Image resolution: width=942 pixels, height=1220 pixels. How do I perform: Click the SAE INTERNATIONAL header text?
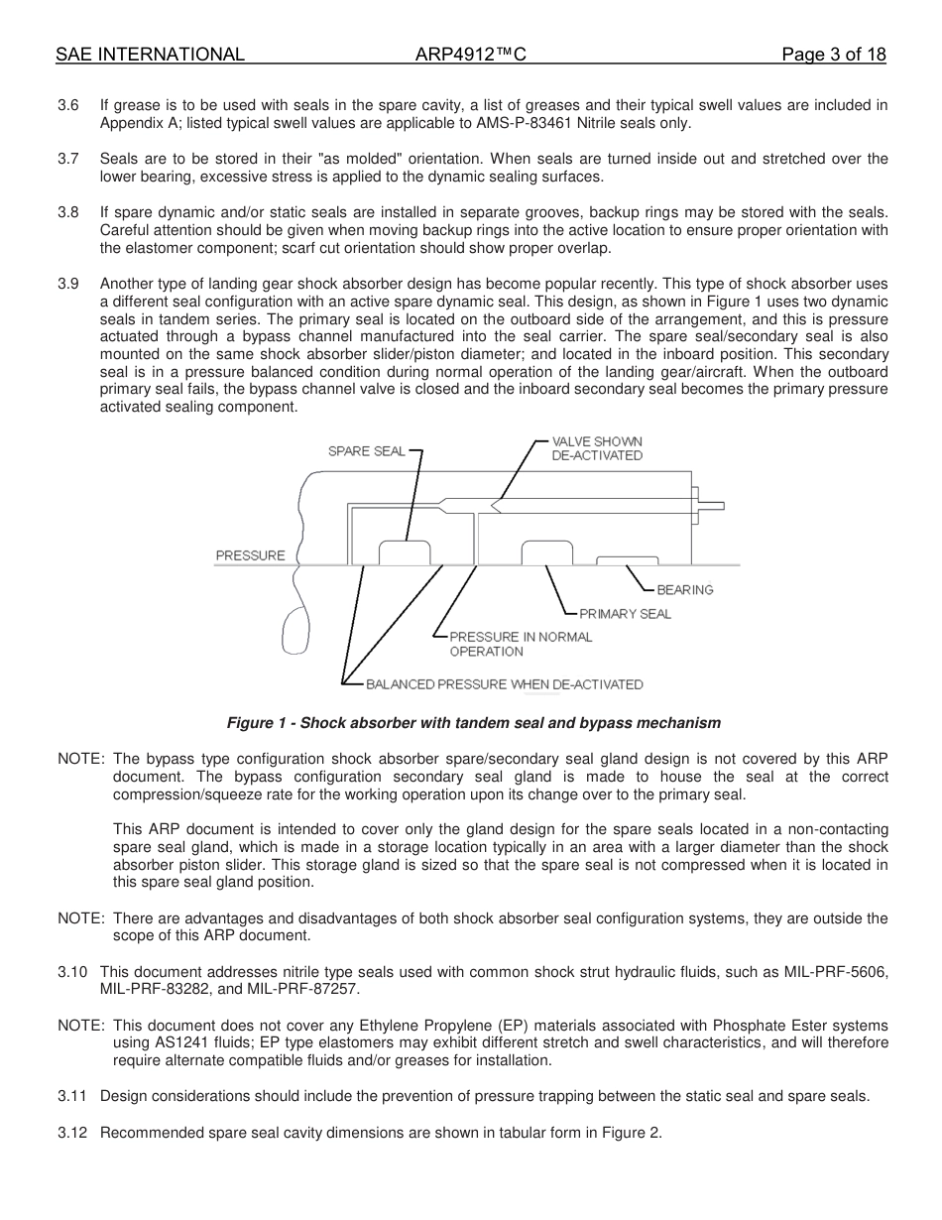point(150,55)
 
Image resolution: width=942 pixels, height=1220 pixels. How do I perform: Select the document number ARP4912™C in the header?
point(470,55)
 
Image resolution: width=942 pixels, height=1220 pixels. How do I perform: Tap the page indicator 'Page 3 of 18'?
point(833,55)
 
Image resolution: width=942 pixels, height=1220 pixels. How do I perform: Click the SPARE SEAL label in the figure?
point(366,451)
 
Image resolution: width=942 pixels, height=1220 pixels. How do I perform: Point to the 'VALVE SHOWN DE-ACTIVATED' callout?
point(597,448)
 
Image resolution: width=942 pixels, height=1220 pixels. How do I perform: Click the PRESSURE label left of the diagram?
point(250,555)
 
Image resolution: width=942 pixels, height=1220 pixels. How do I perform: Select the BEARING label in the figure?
point(685,590)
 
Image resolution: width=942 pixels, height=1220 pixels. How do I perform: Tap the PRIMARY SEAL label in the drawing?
point(625,614)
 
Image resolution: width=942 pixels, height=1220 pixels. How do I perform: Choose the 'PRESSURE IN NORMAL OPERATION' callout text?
point(521,644)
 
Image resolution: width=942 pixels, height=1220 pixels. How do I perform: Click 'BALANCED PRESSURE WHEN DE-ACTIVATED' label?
point(504,684)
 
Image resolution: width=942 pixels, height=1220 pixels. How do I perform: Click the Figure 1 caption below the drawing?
point(474,722)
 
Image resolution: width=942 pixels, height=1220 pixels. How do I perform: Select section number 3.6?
point(68,105)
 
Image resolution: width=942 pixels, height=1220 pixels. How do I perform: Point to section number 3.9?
point(68,285)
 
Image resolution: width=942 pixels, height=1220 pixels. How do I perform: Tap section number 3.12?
point(72,1132)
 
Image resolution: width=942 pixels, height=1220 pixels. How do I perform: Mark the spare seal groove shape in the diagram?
point(405,553)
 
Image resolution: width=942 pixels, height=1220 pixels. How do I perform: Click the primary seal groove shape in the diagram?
point(547,553)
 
